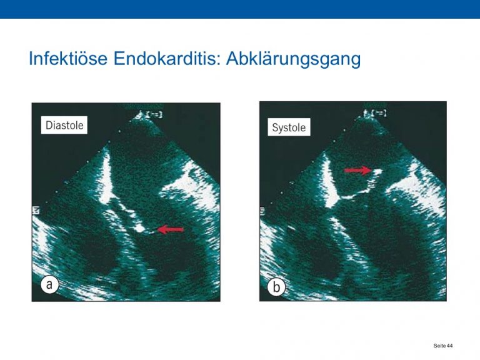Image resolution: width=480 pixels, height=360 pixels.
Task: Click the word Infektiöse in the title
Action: click(68, 58)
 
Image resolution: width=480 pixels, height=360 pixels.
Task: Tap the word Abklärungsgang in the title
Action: click(293, 59)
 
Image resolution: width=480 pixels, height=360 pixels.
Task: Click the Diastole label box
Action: click(64, 125)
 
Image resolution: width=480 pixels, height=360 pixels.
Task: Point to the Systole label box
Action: click(289, 127)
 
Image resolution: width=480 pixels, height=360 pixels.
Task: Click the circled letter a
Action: click(49, 285)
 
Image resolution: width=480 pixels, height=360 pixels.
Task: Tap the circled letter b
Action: click(276, 287)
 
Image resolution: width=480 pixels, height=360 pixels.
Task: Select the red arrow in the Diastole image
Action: click(170, 229)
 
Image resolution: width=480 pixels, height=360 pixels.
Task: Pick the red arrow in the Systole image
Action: click(358, 170)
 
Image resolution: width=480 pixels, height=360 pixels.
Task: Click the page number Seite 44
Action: click(442, 346)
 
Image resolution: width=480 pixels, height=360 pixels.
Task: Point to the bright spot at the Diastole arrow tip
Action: click(140, 228)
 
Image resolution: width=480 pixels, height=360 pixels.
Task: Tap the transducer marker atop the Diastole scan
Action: click(150, 114)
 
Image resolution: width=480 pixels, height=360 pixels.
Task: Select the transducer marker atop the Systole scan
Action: click(375, 113)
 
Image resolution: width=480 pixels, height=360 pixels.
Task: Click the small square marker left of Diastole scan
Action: click(36, 210)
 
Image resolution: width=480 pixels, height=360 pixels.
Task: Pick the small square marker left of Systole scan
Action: click(262, 211)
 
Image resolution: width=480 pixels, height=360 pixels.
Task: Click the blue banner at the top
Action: click(240, 9)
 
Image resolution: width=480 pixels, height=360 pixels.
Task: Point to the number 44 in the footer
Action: click(450, 346)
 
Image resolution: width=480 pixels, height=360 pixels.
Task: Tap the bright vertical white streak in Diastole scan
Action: click(105, 176)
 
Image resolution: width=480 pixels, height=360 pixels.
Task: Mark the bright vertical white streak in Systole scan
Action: click(330, 181)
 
